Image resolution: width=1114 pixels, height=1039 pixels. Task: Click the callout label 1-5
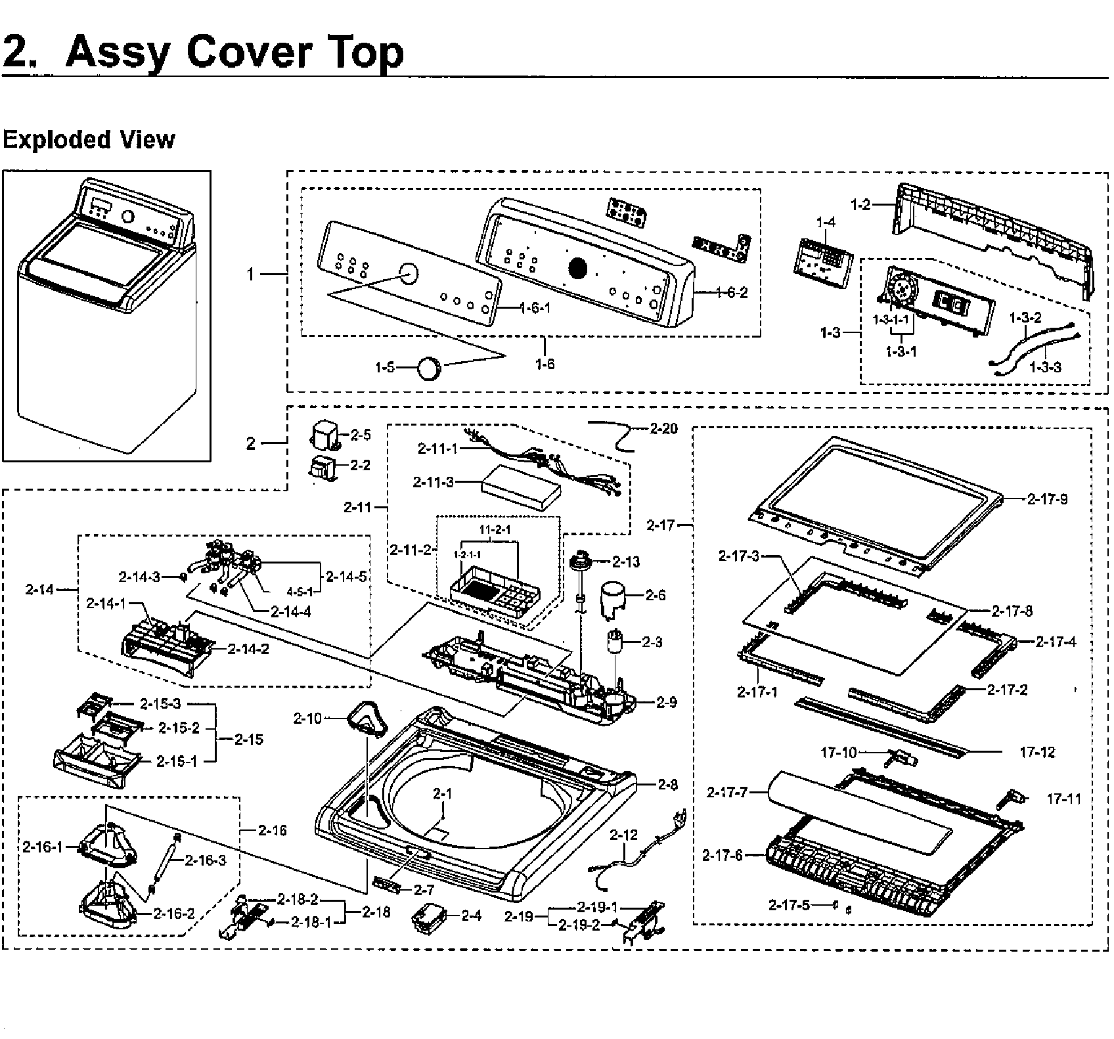click(x=385, y=367)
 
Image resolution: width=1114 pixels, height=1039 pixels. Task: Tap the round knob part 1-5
click(x=431, y=367)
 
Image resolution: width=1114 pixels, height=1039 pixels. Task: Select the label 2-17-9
click(x=1047, y=499)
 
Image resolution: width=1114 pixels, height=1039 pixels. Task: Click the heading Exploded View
click(x=89, y=140)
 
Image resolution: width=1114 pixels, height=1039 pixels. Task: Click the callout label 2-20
click(x=663, y=429)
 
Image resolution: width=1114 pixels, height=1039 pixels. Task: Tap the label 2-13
click(x=626, y=562)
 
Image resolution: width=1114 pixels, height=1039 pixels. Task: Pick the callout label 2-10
click(x=308, y=718)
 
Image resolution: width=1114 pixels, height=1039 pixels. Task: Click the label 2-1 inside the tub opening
click(x=443, y=794)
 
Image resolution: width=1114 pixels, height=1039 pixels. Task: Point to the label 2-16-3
click(x=205, y=860)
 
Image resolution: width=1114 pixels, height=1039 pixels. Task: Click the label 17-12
click(x=1037, y=753)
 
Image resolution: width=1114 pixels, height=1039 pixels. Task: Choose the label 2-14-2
click(x=248, y=649)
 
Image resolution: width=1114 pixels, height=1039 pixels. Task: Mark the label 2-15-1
click(x=177, y=761)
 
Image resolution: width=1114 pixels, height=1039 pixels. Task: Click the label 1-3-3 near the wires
click(x=1044, y=367)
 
